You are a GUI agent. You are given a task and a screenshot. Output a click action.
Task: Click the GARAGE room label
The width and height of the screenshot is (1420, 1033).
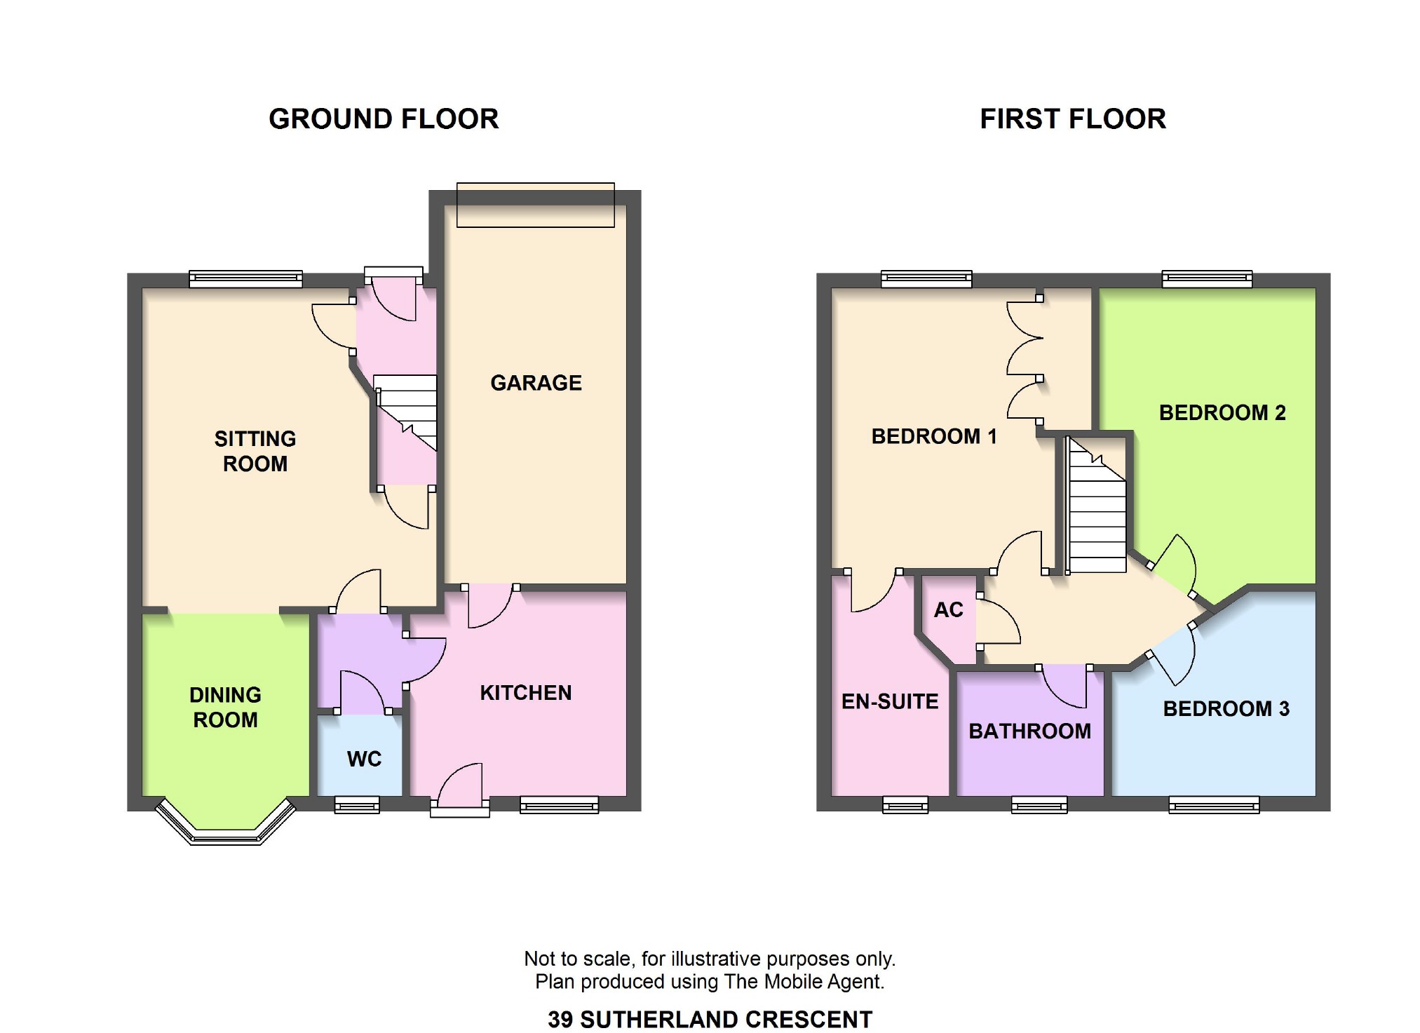pos(536,383)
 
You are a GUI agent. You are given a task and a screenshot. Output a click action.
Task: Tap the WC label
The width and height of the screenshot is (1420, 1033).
pos(364,759)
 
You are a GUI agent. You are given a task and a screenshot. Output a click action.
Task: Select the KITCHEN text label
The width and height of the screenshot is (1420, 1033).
pos(526,693)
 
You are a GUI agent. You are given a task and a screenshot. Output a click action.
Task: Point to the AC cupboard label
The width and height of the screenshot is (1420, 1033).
pos(948,610)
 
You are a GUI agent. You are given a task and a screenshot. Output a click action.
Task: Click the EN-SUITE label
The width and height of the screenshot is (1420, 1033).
pos(890,701)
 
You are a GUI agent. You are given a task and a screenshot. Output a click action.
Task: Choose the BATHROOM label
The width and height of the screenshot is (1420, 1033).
pos(1029,731)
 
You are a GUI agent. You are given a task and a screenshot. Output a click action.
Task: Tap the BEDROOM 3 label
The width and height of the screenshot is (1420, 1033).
pos(1226,709)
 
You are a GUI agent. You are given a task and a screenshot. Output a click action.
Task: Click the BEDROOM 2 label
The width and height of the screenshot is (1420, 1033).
pos(1222,412)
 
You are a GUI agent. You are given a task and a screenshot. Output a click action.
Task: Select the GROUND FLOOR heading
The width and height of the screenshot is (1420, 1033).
pos(384,119)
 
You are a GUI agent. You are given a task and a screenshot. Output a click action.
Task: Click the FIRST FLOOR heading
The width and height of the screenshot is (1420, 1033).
pos(1073,119)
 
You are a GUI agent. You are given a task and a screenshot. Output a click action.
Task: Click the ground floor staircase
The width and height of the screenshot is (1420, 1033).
pos(405,412)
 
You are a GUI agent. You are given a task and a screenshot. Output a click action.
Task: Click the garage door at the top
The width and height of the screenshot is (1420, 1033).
pos(536,205)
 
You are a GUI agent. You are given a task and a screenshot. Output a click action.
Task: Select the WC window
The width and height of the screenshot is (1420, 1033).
pos(357,804)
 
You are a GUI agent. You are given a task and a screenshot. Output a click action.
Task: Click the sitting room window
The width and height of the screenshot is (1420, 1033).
pos(245,279)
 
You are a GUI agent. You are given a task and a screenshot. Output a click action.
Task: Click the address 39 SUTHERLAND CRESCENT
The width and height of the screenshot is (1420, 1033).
pos(710,1019)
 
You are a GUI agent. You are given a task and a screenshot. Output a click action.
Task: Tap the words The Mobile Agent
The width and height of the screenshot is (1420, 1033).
pos(802,981)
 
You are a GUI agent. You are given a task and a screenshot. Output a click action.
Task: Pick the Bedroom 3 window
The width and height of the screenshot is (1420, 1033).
pos(1214,804)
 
